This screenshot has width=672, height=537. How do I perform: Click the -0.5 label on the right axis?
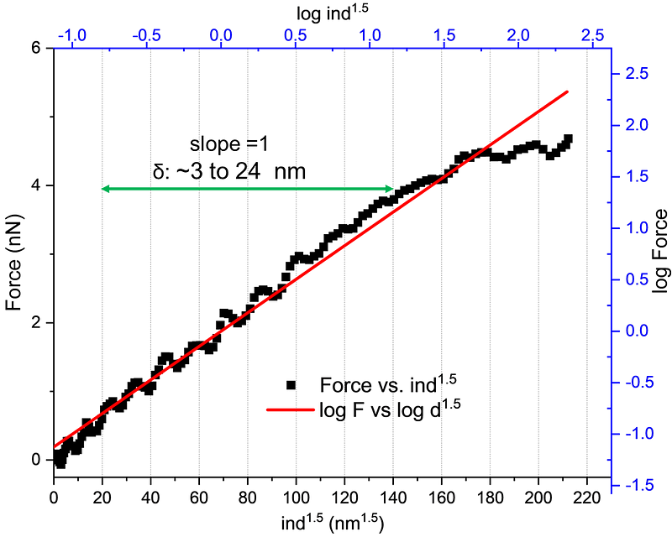pyautogui.click(x=636, y=383)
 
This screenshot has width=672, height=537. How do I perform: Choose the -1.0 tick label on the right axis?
pyautogui.click(x=636, y=434)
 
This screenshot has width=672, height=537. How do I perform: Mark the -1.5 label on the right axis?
pyautogui.click(x=636, y=485)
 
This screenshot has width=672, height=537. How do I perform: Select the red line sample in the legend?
pyautogui.click(x=290, y=410)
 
